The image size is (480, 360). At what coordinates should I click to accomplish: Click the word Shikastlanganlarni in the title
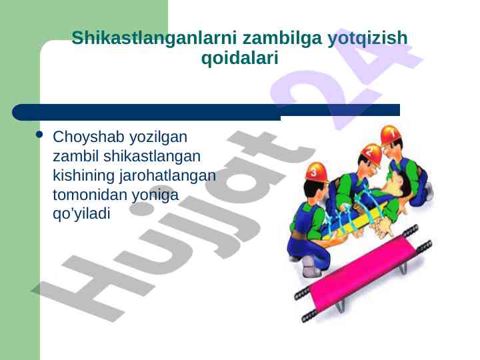tap(154, 38)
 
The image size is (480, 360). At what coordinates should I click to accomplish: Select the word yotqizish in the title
tap(367, 39)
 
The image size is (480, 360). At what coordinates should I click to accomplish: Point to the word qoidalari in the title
tap(240, 58)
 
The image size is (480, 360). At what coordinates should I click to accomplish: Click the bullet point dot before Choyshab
tap(39, 135)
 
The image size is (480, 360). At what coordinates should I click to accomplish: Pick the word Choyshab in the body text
tap(89, 137)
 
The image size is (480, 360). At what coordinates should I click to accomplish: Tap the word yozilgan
tap(158, 137)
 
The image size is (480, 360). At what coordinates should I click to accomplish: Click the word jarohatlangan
tap(167, 176)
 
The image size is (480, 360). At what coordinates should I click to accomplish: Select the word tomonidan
tap(90, 195)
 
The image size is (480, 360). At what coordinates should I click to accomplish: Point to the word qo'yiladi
tap(81, 213)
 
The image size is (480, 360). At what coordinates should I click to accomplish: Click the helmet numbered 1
tap(391, 135)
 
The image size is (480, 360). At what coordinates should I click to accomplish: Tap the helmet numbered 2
tap(372, 154)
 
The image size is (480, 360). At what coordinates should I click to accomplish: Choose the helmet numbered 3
tap(316, 172)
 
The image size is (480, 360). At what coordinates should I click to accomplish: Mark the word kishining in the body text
tap(83, 176)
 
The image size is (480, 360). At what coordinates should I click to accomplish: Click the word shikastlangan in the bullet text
tap(152, 156)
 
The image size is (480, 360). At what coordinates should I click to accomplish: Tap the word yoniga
tap(155, 195)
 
